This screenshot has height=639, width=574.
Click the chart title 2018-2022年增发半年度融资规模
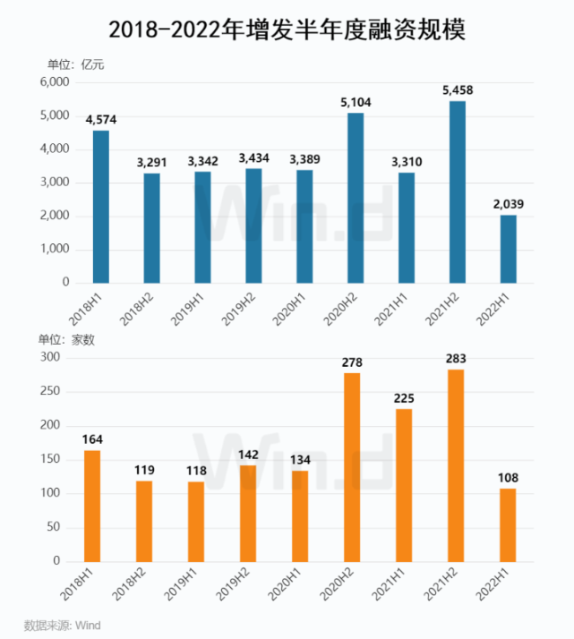[x=287, y=30]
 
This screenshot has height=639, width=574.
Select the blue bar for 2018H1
[x=100, y=207]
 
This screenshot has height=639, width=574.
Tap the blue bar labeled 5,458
[x=457, y=192]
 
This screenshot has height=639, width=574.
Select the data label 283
[x=456, y=359]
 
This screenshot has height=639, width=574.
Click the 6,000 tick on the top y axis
[x=54, y=82]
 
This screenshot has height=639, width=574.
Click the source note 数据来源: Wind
[x=61, y=624]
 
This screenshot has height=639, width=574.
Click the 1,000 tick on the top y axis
[x=54, y=249]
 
